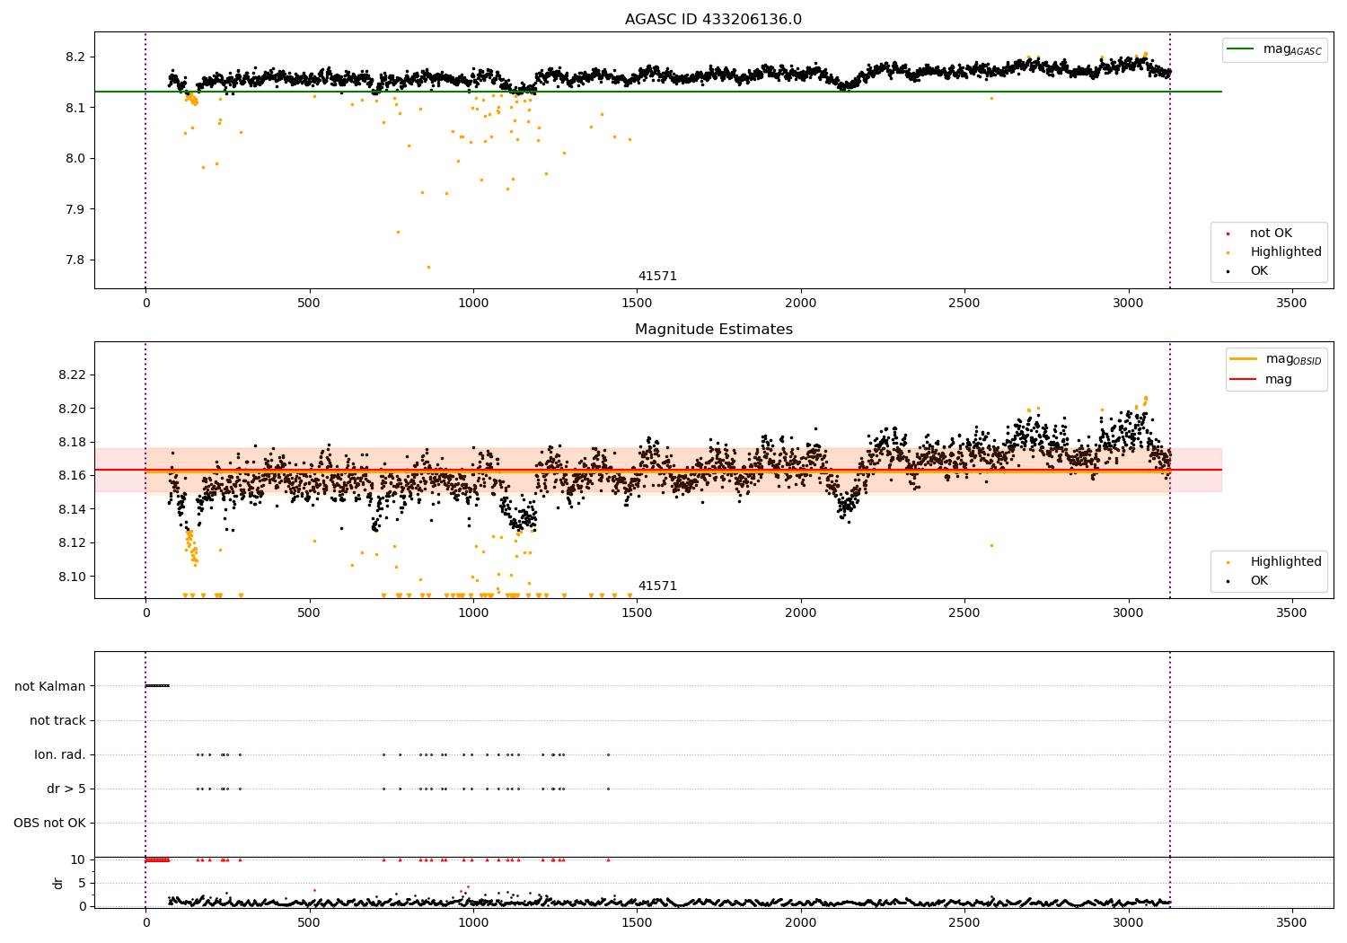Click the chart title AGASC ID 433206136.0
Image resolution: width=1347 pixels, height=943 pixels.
coord(713,19)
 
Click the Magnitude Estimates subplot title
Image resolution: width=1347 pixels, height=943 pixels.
coord(714,329)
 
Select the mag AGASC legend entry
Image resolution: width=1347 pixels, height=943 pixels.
coord(1274,49)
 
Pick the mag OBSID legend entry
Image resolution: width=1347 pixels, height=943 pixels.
coord(1275,359)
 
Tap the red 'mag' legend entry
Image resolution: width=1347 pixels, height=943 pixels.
coord(1261,379)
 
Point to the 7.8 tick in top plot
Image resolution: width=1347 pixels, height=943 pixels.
coord(75,260)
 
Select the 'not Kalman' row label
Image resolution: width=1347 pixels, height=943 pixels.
coord(50,686)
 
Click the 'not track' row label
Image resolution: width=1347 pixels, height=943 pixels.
coord(57,720)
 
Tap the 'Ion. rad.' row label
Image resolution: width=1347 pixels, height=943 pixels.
coord(60,754)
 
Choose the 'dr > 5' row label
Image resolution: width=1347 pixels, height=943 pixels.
coord(66,789)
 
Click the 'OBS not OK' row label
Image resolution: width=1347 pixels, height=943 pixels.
coord(50,823)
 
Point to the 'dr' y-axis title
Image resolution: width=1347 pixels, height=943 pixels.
coord(57,883)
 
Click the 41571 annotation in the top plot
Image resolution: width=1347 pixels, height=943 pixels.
coord(657,276)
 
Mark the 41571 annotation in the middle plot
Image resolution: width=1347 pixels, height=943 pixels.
coord(657,586)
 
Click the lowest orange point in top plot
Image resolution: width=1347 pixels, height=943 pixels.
coord(428,267)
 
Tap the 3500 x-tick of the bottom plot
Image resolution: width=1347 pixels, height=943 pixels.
coord(1291,922)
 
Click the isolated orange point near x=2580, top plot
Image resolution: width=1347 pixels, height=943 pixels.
coord(991,99)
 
